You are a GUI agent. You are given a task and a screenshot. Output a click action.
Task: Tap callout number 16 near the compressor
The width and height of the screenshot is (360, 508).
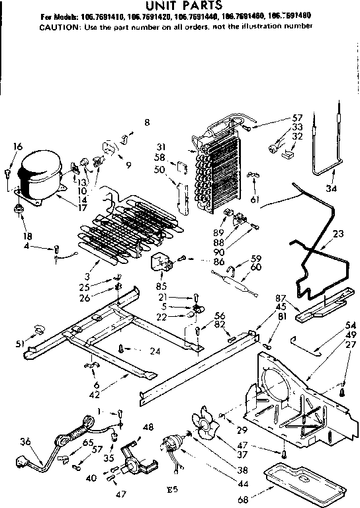(x=18, y=147)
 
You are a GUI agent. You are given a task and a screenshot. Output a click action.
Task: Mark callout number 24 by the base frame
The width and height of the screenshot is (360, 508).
(x=155, y=351)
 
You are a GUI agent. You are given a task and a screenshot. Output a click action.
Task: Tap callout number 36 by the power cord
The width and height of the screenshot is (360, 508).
(x=25, y=442)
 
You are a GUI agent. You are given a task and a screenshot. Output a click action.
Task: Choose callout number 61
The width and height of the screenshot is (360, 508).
(x=255, y=200)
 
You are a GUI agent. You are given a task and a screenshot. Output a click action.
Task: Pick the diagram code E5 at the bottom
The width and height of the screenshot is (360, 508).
(x=174, y=491)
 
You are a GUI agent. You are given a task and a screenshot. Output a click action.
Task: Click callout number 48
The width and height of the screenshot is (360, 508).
(x=148, y=427)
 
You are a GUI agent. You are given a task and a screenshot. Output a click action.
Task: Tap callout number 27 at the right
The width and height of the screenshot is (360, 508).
(x=350, y=345)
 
